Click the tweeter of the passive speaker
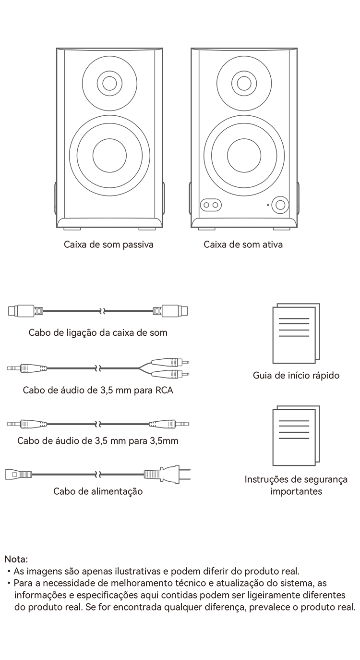[109, 83]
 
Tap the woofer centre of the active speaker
[244, 155]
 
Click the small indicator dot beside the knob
[268, 205]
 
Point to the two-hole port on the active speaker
[211, 205]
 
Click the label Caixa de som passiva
[108, 244]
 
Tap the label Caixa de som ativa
[243, 244]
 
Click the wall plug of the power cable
[167, 475]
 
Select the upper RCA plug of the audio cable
[170, 362]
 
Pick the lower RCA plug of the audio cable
[170, 375]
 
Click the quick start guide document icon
[296, 333]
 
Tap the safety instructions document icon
[296, 436]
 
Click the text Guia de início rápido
[296, 375]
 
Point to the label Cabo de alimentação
[98, 491]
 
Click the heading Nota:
[16, 559]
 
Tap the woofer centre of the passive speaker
[109, 155]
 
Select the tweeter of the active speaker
[244, 83]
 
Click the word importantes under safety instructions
[296, 491]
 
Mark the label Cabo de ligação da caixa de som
[98, 333]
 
